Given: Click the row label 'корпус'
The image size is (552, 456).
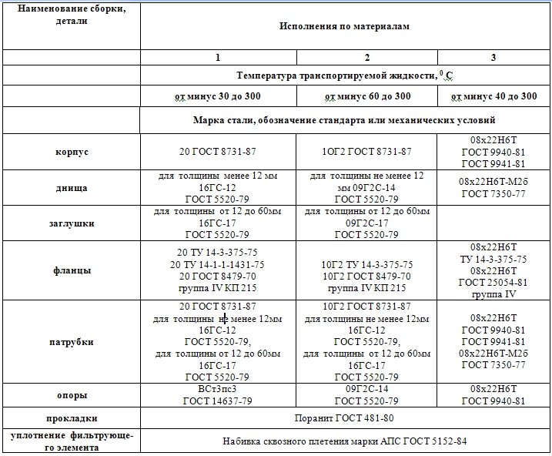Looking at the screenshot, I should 70,152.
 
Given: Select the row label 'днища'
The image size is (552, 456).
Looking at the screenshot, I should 70,187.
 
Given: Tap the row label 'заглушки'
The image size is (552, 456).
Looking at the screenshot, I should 70,223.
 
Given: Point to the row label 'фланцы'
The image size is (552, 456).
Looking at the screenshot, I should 70,270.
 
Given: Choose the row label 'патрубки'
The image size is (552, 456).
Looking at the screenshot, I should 70,341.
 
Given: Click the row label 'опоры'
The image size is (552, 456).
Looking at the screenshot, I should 70,395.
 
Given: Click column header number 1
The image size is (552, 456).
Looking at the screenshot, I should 217,58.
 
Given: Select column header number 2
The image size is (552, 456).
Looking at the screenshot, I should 366,58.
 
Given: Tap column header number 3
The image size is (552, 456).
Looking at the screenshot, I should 493,58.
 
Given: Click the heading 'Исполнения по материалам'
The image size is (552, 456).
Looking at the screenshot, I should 344,25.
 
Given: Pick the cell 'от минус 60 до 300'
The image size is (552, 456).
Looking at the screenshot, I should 366,96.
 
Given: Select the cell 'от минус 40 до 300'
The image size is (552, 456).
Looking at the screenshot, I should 493,96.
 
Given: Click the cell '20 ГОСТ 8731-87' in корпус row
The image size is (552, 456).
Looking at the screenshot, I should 217,152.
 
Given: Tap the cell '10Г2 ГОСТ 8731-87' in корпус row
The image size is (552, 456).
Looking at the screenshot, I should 366,152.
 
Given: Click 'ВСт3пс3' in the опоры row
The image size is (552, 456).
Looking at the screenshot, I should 216,390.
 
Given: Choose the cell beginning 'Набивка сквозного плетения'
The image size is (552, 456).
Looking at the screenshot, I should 344,441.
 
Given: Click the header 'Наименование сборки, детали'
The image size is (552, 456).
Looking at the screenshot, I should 70,15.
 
